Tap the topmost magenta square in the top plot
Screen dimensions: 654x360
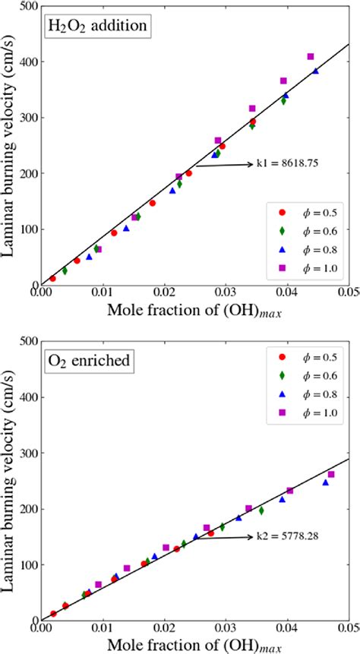(311, 57)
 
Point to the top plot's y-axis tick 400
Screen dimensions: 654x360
(24, 62)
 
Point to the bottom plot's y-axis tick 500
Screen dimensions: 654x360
(24, 341)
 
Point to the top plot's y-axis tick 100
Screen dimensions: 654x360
(24, 229)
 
